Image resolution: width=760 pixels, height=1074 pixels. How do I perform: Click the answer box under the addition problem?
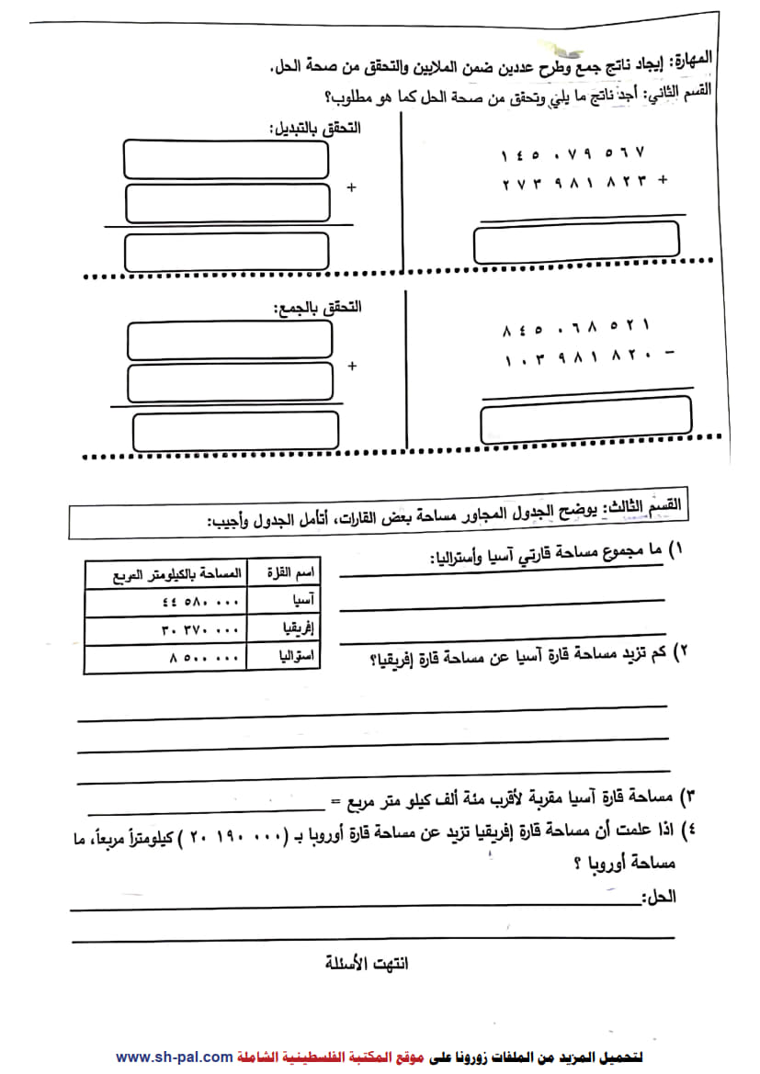(576, 243)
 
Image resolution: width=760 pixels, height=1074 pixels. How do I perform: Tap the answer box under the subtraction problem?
(585, 419)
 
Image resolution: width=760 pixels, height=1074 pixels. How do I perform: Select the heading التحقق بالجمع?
(318, 306)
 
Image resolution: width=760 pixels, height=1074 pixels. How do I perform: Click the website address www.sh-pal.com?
(174, 1057)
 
